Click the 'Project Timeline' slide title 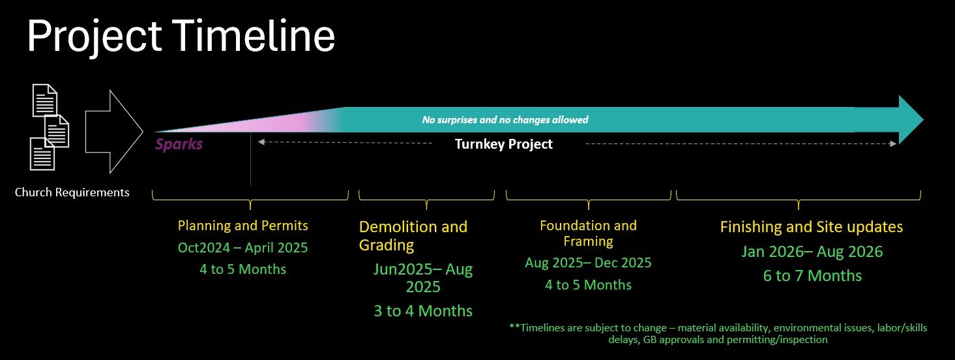pyautogui.click(x=181, y=37)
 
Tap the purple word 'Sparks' pyautogui.click(x=179, y=144)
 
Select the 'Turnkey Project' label pyautogui.click(x=503, y=144)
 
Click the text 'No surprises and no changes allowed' pyautogui.click(x=505, y=120)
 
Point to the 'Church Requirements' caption pyautogui.click(x=72, y=192)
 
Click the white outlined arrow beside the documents pyautogui.click(x=114, y=131)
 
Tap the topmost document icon pyautogui.click(x=45, y=100)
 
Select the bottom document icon pyautogui.click(x=42, y=153)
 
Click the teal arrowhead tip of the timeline pyautogui.click(x=924, y=120)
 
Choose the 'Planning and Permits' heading pyautogui.click(x=243, y=226)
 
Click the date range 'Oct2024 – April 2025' pyautogui.click(x=242, y=248)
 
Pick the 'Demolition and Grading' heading pyautogui.click(x=413, y=236)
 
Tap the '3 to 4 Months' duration pyautogui.click(x=423, y=311)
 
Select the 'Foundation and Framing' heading pyautogui.click(x=589, y=233)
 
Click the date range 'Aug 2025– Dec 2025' pyautogui.click(x=589, y=263)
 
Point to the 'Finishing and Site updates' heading pyautogui.click(x=812, y=227)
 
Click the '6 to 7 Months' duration pyautogui.click(x=812, y=276)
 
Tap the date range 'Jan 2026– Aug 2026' pyautogui.click(x=812, y=252)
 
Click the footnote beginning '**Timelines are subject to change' pyautogui.click(x=718, y=333)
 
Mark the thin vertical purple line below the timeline pyautogui.click(x=251, y=158)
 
